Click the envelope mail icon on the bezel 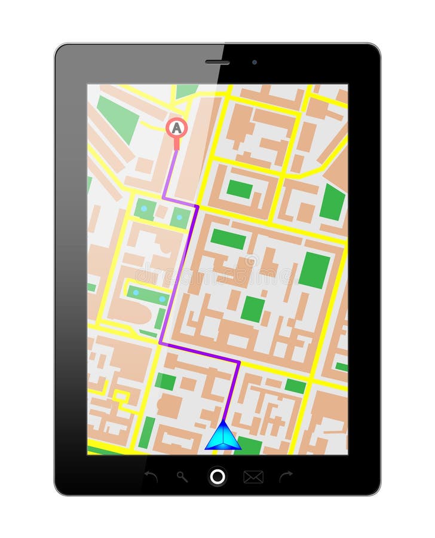click(x=253, y=476)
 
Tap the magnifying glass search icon click(x=182, y=476)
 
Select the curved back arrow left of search click(x=151, y=476)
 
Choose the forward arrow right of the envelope click(x=286, y=476)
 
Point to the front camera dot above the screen click(x=255, y=62)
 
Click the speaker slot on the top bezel click(x=217, y=62)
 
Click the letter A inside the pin click(x=176, y=127)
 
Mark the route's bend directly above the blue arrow click(x=238, y=362)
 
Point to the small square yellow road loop click(x=121, y=396)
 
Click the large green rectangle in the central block click(x=314, y=270)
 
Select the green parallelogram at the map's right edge click(x=333, y=202)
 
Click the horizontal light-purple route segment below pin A click(x=179, y=201)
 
